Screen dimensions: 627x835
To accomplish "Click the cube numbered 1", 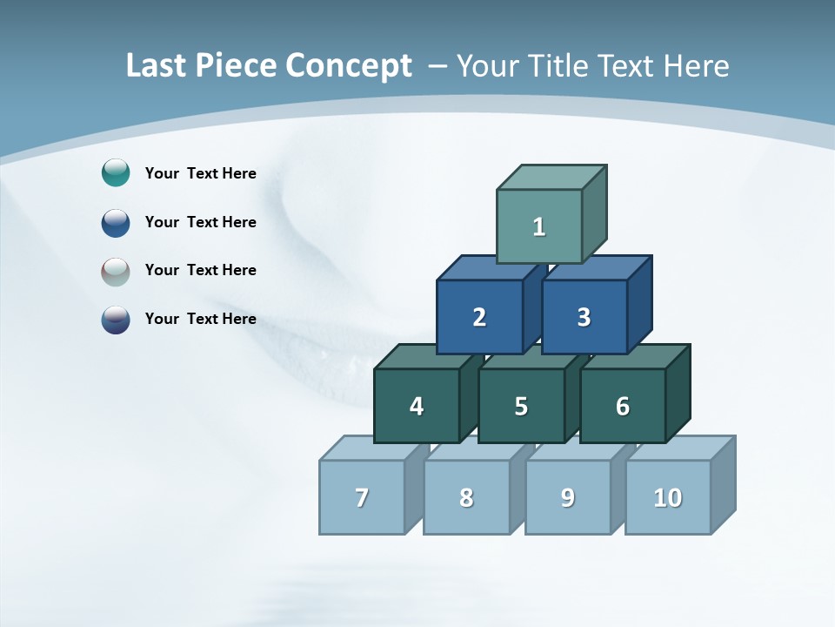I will [x=539, y=227].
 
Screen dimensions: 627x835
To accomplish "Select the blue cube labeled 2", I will [x=479, y=318].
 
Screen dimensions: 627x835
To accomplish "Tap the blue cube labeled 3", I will [x=584, y=318].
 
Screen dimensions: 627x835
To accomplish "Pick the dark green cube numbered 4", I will [x=417, y=407].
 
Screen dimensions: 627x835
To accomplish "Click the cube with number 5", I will [x=521, y=407].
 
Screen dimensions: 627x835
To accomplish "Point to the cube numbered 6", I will [x=623, y=407].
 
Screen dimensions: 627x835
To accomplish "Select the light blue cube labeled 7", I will [x=362, y=498].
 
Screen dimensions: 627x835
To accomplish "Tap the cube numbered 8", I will [x=466, y=498].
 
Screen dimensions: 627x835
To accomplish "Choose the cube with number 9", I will [x=568, y=498].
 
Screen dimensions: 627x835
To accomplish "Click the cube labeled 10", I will [x=668, y=498].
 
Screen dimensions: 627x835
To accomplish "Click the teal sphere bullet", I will [x=116, y=173].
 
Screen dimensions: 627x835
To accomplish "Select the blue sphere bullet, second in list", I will [x=116, y=222].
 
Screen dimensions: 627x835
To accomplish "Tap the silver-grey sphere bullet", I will [x=116, y=271].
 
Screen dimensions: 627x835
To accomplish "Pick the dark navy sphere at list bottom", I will [x=116, y=319].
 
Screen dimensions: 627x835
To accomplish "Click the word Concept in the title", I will [x=349, y=66].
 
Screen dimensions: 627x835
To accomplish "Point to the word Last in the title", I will [x=157, y=66].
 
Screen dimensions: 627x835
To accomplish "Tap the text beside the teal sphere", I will [x=200, y=173].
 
